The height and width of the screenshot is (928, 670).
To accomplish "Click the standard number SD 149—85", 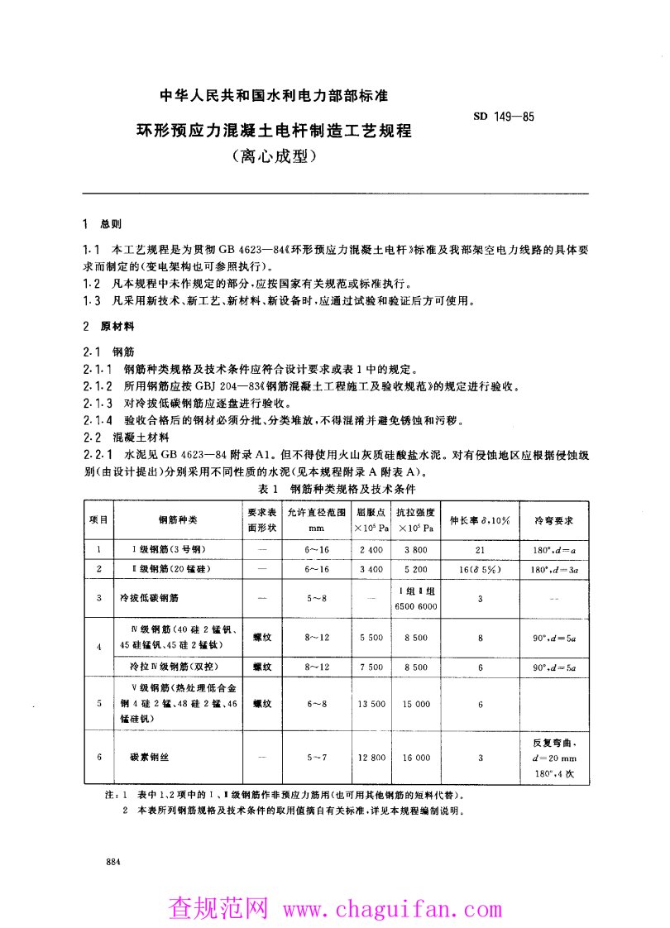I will (x=504, y=116).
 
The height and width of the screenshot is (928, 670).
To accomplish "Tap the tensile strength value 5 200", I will (x=416, y=569).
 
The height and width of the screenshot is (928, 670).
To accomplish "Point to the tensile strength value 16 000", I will (x=416, y=757).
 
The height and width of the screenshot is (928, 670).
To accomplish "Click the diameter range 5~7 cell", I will (x=317, y=757).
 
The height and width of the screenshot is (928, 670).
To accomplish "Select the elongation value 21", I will (x=480, y=549).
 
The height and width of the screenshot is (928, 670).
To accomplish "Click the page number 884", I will (x=114, y=862).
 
